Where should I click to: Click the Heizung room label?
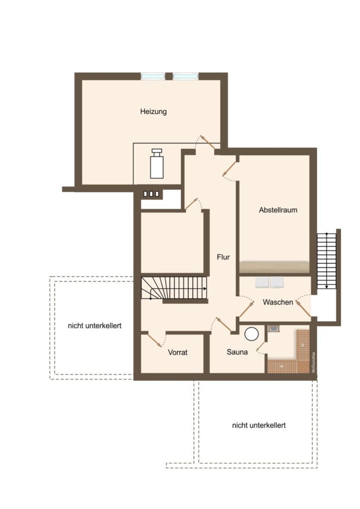153,112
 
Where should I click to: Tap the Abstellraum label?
278,210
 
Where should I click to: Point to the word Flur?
223,257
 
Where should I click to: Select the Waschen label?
278,302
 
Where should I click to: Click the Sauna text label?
237,352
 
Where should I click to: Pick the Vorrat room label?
178,352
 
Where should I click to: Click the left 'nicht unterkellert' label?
94,326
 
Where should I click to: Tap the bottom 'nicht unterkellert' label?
259,425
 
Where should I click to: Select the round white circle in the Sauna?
252,334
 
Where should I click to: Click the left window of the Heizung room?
153,76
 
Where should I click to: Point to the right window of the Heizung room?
185,76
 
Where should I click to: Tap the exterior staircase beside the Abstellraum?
326,260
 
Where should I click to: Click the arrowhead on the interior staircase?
205,288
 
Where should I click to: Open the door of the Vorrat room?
155,339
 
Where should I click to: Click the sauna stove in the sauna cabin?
273,329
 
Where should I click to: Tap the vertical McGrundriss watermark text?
314,362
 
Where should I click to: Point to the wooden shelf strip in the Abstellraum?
274,267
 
